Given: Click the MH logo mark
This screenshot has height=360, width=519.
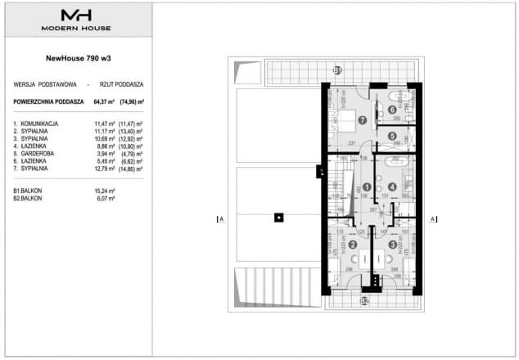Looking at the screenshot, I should [77, 15].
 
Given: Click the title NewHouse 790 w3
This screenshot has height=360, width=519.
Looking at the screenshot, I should [77, 58].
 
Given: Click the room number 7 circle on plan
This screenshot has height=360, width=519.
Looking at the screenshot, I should [340, 119].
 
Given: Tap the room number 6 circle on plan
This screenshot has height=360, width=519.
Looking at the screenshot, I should [392, 109].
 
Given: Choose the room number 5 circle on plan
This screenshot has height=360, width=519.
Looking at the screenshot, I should [392, 136].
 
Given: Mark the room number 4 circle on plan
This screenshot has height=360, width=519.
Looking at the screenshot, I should [392, 187].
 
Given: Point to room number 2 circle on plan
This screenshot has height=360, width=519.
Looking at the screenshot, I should [353, 245].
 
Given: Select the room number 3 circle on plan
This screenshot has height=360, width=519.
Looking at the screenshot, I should [392, 245].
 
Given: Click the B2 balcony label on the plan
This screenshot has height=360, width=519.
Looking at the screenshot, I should [365, 300].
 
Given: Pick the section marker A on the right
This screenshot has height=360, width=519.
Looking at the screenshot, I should [432, 218].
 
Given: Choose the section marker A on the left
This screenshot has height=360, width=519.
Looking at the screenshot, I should [219, 218].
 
